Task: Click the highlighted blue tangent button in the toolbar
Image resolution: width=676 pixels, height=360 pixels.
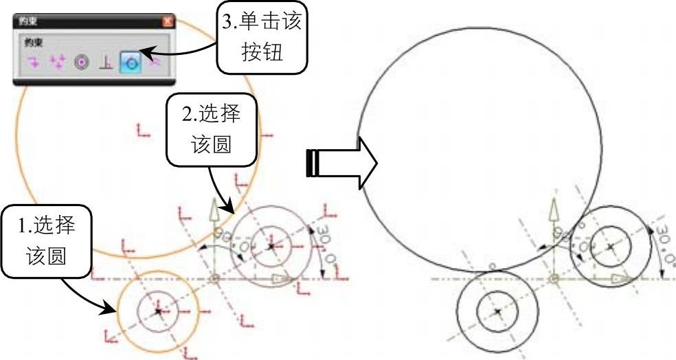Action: pyautogui.click(x=130, y=63)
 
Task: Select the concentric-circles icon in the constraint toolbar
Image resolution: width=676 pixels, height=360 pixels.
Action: pyautogui.click(x=81, y=63)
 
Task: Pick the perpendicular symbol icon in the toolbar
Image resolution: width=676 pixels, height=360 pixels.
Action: pyautogui.click(x=105, y=63)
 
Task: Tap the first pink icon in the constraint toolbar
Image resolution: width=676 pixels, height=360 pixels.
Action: pyautogui.click(x=33, y=63)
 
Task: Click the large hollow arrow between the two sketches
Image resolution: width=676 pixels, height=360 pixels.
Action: pyautogui.click(x=341, y=165)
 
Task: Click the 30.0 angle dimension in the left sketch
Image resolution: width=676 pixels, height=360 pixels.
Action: pyautogui.click(x=324, y=247)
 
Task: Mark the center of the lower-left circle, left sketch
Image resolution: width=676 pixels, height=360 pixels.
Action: pyautogui.click(x=158, y=311)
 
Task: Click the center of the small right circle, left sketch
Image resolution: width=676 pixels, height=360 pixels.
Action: pyautogui.click(x=271, y=245)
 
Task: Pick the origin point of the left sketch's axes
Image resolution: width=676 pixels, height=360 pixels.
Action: pyautogui.click(x=215, y=278)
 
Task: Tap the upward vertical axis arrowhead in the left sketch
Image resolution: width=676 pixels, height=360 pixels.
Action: pyautogui.click(x=215, y=205)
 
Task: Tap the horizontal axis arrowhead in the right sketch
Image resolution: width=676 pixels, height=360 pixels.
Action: pyautogui.click(x=620, y=278)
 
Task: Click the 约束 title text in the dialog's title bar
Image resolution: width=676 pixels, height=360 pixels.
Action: pyautogui.click(x=28, y=21)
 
